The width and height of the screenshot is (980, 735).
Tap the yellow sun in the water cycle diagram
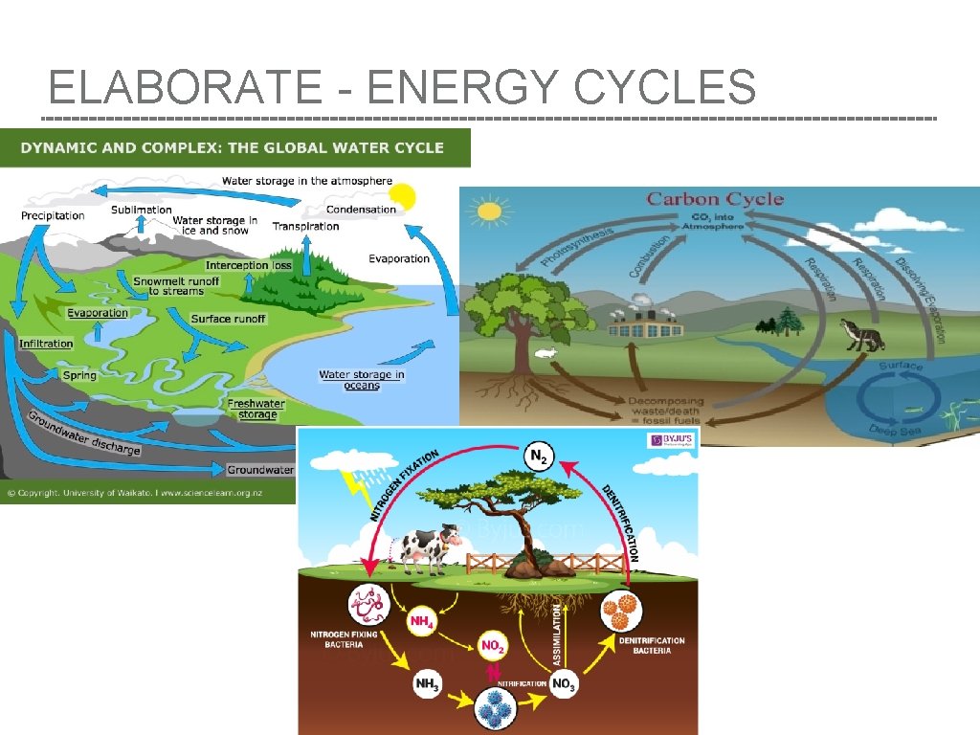click(x=403, y=196)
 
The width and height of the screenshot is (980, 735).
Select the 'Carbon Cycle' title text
click(x=715, y=199)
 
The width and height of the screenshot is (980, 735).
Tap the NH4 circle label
click(x=421, y=622)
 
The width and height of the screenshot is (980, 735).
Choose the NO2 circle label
click(x=492, y=646)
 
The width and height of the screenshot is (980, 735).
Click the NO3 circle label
click(x=564, y=684)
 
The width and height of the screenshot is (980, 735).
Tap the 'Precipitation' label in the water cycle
click(x=53, y=215)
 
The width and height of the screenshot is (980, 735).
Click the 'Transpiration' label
click(x=305, y=227)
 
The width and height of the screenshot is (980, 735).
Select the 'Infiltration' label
click(x=46, y=344)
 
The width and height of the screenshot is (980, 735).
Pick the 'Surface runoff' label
click(x=228, y=319)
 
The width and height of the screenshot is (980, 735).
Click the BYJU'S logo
click(x=671, y=440)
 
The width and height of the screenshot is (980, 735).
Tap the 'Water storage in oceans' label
click(x=362, y=380)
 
